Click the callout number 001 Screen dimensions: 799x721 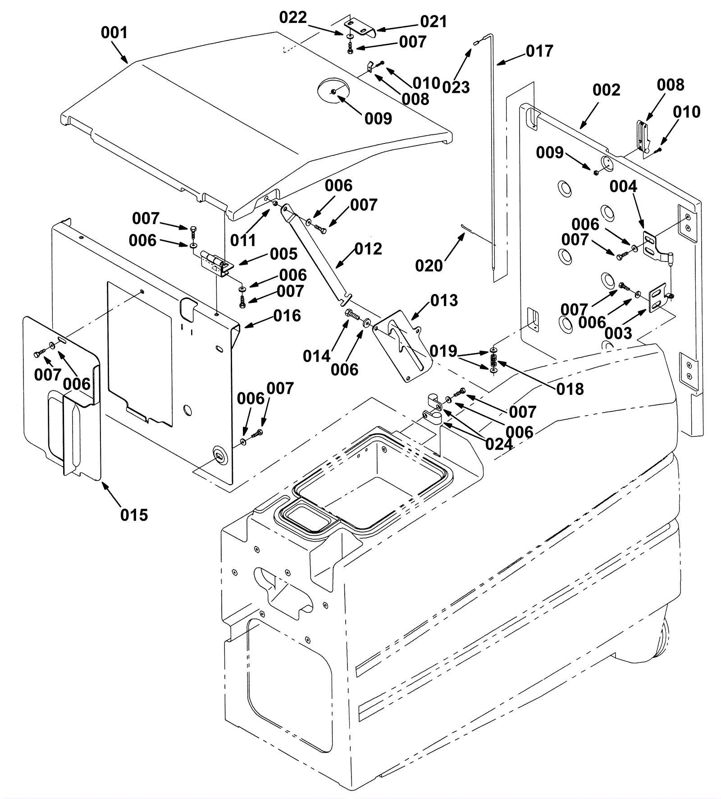114,32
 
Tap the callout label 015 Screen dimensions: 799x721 134,515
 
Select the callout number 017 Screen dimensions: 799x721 539,51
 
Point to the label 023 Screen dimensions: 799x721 456,87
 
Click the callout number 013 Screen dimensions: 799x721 444,300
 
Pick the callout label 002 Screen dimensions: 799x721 607,90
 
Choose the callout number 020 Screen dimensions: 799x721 429,266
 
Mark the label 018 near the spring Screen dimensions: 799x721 570,389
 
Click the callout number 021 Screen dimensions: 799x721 434,22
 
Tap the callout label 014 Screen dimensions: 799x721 317,357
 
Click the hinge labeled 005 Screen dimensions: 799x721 217,264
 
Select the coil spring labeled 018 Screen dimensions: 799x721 494,360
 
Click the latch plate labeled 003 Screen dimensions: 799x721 657,298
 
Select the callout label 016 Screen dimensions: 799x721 287,316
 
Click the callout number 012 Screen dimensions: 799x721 368,249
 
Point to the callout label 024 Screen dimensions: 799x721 499,444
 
